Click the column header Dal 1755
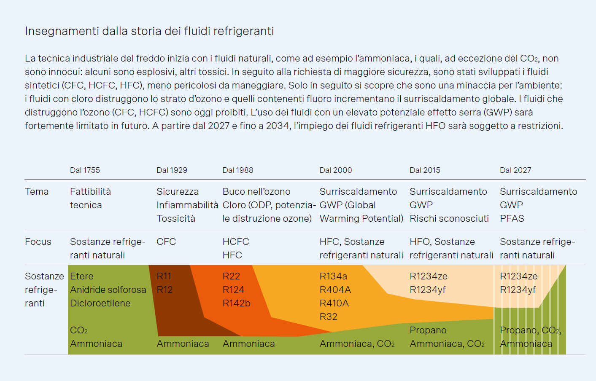[x=85, y=170]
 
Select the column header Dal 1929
[x=172, y=170]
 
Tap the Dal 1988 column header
[x=238, y=170]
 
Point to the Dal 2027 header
[x=515, y=170]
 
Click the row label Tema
[x=37, y=192]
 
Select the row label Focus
[x=38, y=241]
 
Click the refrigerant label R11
[x=164, y=276]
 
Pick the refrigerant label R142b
[x=237, y=303]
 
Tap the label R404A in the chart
[x=335, y=290]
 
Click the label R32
[x=328, y=317]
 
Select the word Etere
[x=82, y=276]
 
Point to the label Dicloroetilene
[x=100, y=303]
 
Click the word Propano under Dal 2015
[x=428, y=330]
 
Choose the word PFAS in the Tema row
[x=512, y=219]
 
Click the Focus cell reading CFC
[x=166, y=241]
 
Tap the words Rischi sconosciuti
[x=449, y=219]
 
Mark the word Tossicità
[x=176, y=219]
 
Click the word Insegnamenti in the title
[x=62, y=31]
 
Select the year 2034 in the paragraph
[x=278, y=126]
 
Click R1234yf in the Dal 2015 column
[x=428, y=290]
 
